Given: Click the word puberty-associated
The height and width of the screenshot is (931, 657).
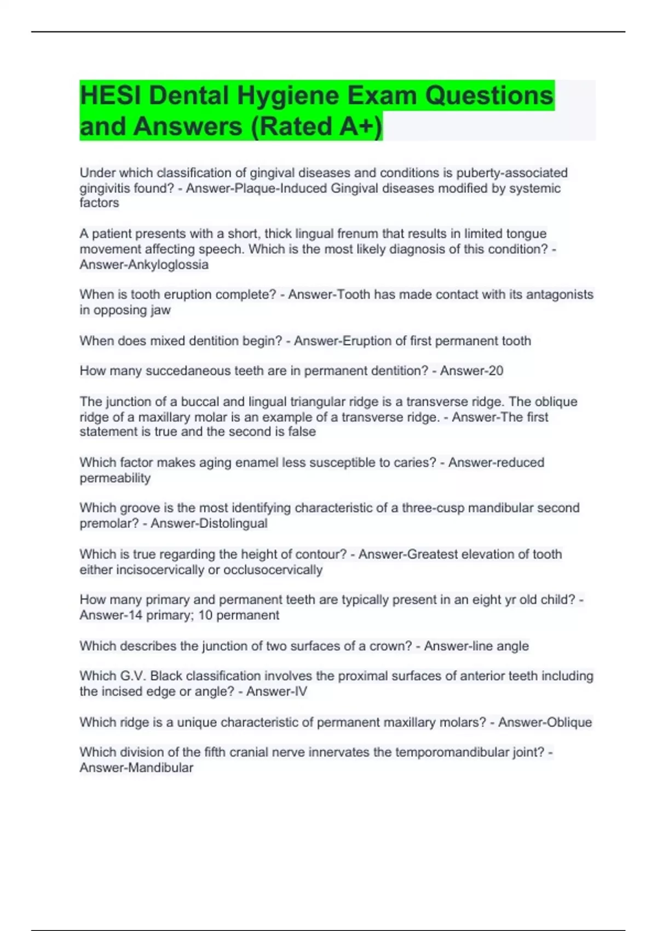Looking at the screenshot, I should tap(512, 173).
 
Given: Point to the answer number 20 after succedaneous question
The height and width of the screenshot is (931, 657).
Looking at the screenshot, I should tap(495, 371).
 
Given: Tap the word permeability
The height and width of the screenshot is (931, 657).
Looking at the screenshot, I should tap(115, 478).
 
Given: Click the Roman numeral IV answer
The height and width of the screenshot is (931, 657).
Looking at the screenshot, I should tap(301, 692).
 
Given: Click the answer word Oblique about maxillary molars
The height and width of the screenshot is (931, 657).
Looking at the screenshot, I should tap(569, 722).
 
